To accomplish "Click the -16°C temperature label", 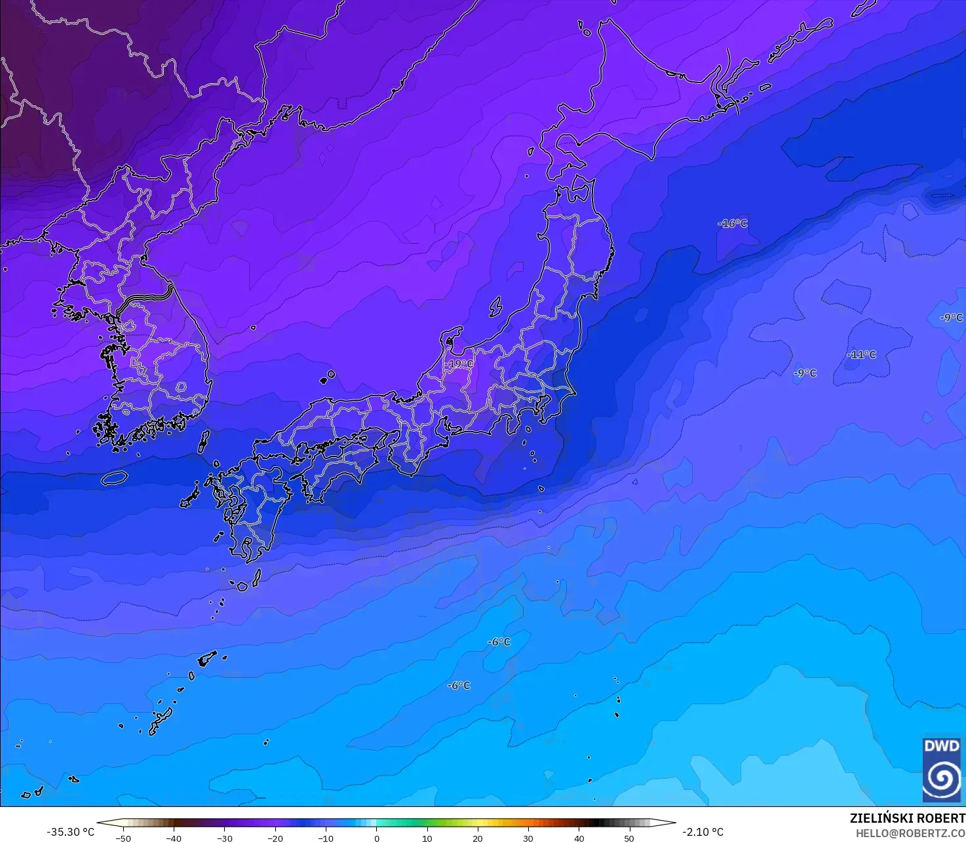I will click(x=732, y=223).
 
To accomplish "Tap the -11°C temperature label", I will click(x=861, y=354).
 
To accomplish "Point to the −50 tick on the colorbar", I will click(x=123, y=838).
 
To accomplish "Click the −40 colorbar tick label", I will click(x=173, y=838).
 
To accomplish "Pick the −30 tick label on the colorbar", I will click(x=224, y=838).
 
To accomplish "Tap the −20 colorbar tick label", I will click(x=275, y=838).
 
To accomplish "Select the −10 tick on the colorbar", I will click(x=325, y=838).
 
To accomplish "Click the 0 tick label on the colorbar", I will click(x=376, y=838).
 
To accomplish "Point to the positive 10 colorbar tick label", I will click(x=427, y=838).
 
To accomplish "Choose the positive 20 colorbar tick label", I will click(x=477, y=838).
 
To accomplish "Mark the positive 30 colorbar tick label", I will click(x=528, y=838).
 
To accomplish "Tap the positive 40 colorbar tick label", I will click(x=579, y=838).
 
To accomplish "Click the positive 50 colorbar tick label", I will click(x=629, y=838).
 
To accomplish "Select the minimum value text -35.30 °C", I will click(x=70, y=832).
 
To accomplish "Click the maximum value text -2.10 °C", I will click(x=703, y=832).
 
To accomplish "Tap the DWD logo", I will click(x=942, y=769).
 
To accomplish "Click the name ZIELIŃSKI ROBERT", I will click(x=907, y=818).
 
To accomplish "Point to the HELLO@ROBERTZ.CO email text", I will click(x=910, y=833).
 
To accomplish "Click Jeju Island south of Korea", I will click(x=114, y=478).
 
